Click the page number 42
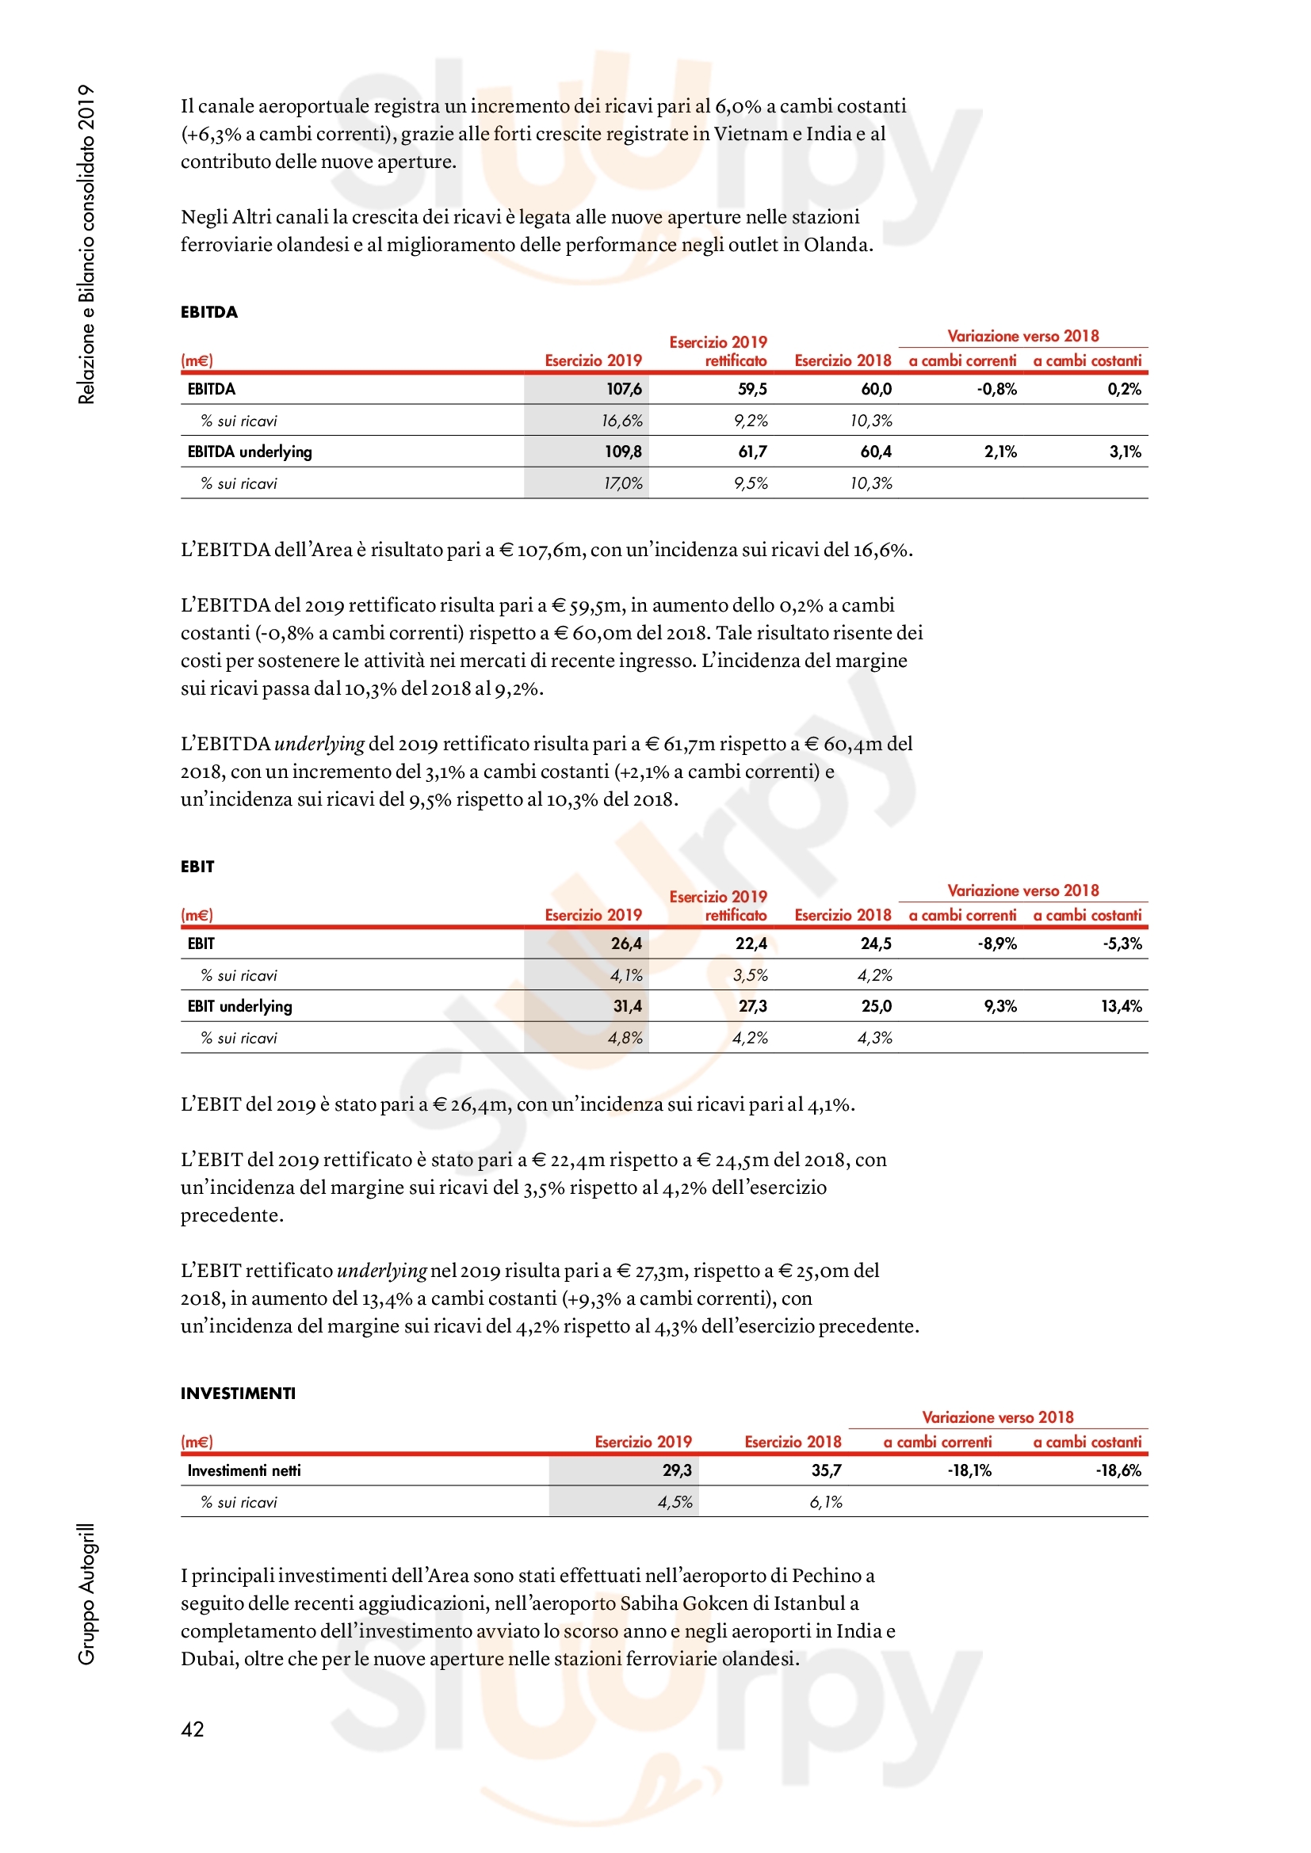coord(192,1729)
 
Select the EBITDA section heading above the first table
coord(209,312)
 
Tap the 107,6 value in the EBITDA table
coord(624,389)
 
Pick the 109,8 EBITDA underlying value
coord(623,451)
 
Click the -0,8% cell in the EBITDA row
coord(997,389)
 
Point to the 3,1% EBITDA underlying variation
coord(1126,451)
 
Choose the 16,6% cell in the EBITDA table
coord(621,421)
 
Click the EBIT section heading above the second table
coord(198,867)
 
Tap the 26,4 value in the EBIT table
coord(626,944)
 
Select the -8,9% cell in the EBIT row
coord(997,944)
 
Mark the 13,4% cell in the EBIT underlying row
coord(1122,1005)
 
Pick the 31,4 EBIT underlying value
coord(627,1005)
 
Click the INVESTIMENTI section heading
coord(238,1393)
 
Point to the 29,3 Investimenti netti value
coord(677,1470)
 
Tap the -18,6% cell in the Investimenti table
coord(1118,1470)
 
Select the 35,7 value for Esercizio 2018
coord(827,1470)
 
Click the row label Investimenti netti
coord(244,1470)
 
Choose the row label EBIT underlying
coord(239,1005)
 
